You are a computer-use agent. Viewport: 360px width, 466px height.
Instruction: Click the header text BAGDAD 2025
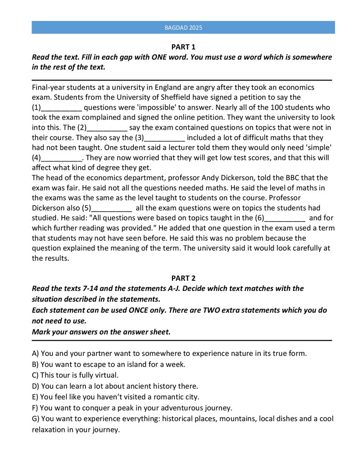183,28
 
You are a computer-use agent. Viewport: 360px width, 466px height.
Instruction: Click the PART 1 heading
183,47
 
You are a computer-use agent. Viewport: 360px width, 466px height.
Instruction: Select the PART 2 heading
183,278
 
